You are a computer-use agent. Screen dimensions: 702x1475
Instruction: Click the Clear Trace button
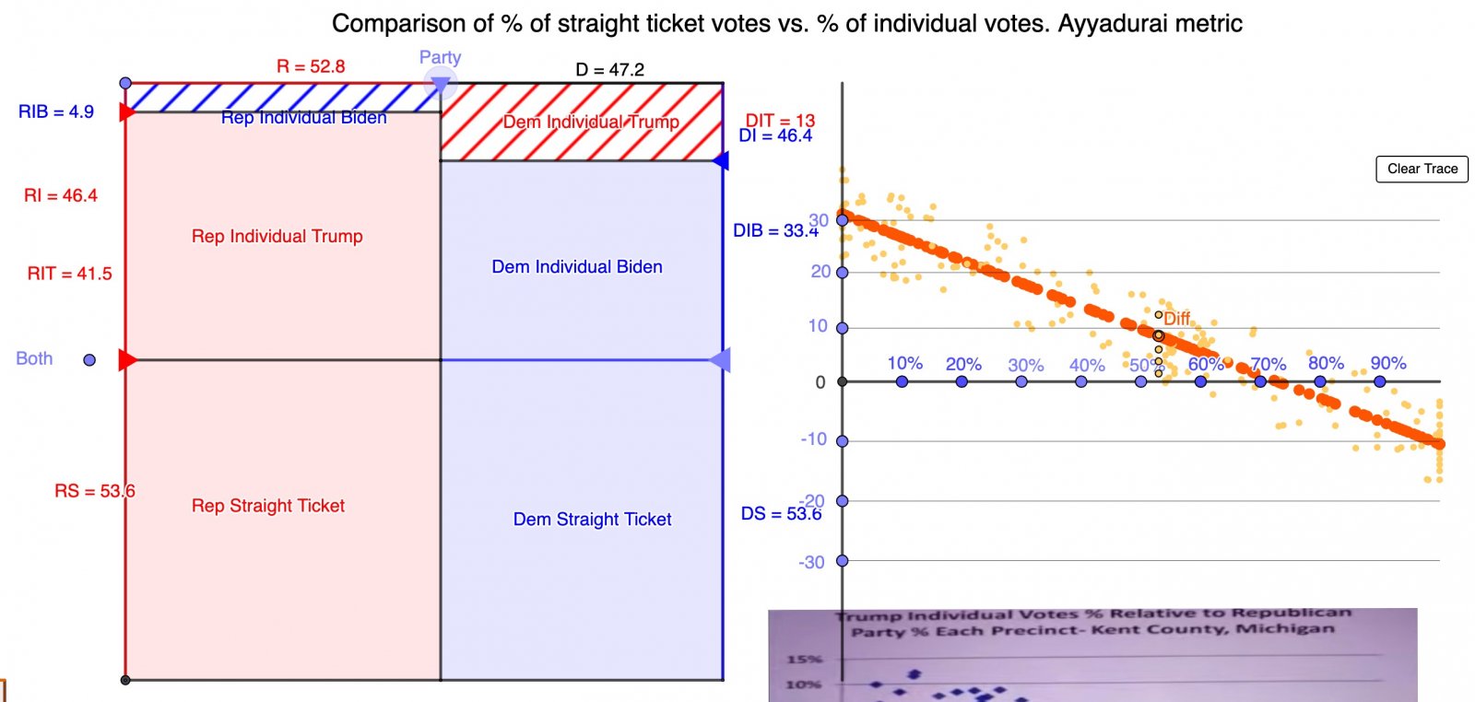pyautogui.click(x=1422, y=169)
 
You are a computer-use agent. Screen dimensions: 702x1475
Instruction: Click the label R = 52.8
pyautogui.click(x=311, y=66)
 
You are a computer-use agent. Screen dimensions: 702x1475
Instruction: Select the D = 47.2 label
pyautogui.click(x=609, y=69)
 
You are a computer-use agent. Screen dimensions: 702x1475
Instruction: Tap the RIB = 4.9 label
pyautogui.click(x=56, y=111)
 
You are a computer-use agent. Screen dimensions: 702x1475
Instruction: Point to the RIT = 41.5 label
pyautogui.click(x=69, y=274)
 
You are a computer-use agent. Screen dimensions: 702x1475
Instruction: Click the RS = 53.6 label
pyautogui.click(x=94, y=491)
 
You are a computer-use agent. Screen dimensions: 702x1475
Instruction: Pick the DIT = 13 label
pyautogui.click(x=780, y=120)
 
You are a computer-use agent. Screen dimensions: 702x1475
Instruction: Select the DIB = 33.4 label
pyautogui.click(x=775, y=230)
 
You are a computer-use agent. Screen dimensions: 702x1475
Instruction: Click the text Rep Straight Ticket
pyautogui.click(x=268, y=506)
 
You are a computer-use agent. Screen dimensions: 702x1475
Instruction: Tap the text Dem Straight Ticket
pyautogui.click(x=592, y=520)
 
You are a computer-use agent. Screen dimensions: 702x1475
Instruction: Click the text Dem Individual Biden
pyautogui.click(x=577, y=267)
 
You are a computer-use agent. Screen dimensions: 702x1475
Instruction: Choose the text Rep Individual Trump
pyautogui.click(x=277, y=237)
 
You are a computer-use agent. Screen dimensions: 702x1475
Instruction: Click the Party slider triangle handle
pyautogui.click(x=441, y=86)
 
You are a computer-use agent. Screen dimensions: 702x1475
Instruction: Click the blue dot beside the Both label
pyautogui.click(x=89, y=360)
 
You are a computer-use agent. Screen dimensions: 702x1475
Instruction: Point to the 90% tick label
pyautogui.click(x=1387, y=363)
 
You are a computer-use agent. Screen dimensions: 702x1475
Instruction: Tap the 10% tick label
pyautogui.click(x=904, y=363)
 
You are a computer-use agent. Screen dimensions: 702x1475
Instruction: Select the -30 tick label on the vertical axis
pyautogui.click(x=811, y=562)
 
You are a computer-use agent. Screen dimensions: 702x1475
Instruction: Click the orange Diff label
pyautogui.click(x=1176, y=318)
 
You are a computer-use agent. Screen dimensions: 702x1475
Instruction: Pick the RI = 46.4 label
pyautogui.click(x=61, y=195)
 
